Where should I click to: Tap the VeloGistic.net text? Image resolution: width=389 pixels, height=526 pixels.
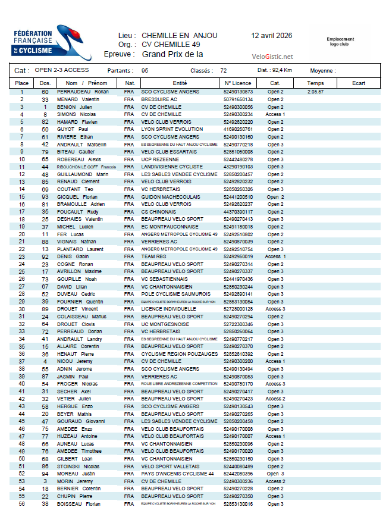coord(272,57)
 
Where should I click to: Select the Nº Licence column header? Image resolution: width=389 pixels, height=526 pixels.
coord(238,83)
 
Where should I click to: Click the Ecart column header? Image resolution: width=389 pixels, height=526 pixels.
coord(358,83)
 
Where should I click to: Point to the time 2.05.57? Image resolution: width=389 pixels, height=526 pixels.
coord(316,92)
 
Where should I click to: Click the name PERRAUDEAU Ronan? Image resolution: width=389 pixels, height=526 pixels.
coord(82,92)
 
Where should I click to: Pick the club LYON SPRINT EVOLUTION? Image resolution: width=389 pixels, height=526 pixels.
coord(172,129)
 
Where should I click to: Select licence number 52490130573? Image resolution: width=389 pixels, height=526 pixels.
coord(238,92)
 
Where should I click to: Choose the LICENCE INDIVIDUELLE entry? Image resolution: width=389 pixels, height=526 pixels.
coord(168,309)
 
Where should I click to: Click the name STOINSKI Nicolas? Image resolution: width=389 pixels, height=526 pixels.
coord(78,466)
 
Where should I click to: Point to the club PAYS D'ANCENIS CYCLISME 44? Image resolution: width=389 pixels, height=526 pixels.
coord(177,474)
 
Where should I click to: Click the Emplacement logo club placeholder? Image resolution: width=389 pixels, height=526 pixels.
coord(340,41)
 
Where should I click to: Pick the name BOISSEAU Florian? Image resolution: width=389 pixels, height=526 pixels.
coord(78,504)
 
